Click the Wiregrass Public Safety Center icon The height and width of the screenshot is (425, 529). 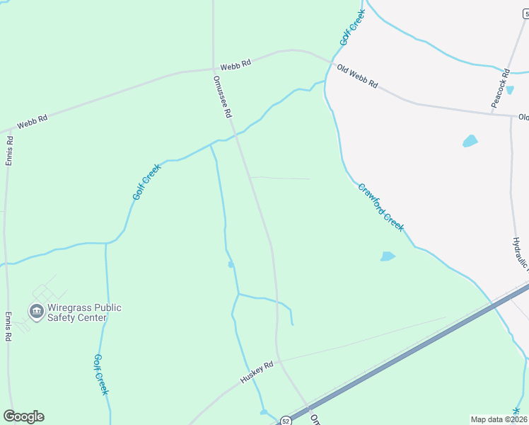(x=35, y=311)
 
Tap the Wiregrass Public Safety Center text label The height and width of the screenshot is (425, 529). (x=84, y=312)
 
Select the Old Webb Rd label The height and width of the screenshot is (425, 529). (x=357, y=76)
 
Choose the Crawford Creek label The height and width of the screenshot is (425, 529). (x=380, y=208)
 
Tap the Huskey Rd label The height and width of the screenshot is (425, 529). (x=256, y=373)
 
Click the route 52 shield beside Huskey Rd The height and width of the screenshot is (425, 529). (x=284, y=419)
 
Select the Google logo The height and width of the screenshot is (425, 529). (x=23, y=416)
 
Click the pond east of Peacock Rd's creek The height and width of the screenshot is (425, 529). (x=470, y=141)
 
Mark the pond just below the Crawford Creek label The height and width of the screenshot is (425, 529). (x=388, y=256)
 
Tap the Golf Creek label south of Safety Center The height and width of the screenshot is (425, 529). (x=101, y=375)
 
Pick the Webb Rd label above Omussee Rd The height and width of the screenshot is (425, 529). (x=236, y=64)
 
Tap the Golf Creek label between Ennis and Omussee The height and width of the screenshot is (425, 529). (x=146, y=181)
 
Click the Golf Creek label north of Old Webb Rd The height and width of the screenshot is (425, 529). (x=352, y=28)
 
